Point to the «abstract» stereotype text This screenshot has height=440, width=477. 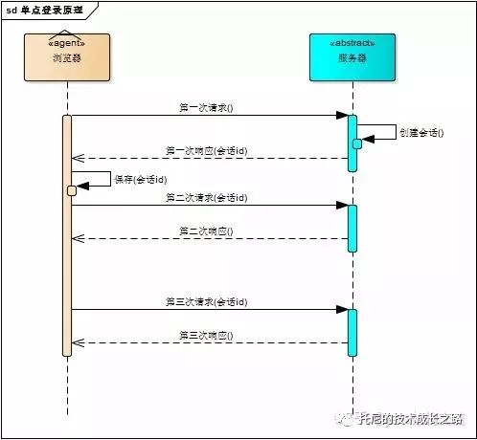[352, 42]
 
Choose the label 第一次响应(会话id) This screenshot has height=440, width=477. [206, 151]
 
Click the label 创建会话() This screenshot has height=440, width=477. [420, 132]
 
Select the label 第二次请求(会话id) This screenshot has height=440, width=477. [206, 198]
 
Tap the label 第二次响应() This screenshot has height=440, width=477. [206, 231]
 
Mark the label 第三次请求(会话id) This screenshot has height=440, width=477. [206, 302]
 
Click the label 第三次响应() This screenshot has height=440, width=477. [206, 336]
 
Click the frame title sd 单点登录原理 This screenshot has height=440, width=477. [45, 9]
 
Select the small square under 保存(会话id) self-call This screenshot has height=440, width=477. [72, 190]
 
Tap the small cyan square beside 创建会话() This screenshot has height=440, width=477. [357, 143]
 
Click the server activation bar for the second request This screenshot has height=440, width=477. [352, 228]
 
